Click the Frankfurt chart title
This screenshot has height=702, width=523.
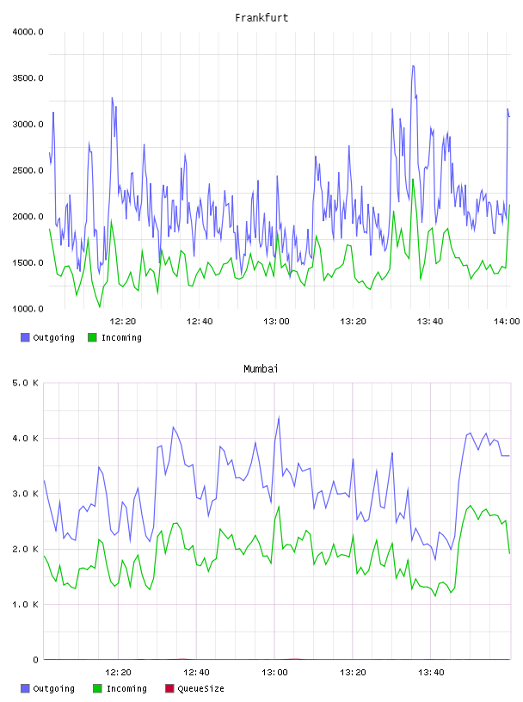click(x=261, y=18)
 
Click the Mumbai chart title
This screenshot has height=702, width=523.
click(x=261, y=369)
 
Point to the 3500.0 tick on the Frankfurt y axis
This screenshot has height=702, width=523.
click(x=28, y=78)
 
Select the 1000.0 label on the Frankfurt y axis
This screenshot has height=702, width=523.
click(x=28, y=309)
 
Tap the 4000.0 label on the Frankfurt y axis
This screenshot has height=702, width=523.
click(x=28, y=32)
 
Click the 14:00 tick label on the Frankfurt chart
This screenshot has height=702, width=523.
click(x=507, y=322)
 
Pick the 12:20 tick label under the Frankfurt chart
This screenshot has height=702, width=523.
click(x=123, y=322)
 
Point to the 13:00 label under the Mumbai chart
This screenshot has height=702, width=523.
click(x=274, y=673)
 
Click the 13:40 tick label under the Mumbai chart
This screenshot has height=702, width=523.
click(x=431, y=673)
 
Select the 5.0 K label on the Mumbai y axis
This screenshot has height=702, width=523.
click(x=25, y=383)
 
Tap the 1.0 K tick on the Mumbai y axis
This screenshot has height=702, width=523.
click(x=25, y=605)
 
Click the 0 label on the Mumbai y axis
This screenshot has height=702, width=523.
click(x=35, y=660)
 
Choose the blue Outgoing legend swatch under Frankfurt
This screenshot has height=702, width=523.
click(x=25, y=337)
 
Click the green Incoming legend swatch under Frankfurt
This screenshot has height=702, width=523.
click(x=92, y=337)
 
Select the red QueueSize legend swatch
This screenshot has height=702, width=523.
click(x=169, y=688)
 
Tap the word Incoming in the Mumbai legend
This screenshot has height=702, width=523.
click(x=126, y=689)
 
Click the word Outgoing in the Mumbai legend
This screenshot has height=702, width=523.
click(x=53, y=689)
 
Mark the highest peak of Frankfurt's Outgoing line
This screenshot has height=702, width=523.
click(x=413, y=65)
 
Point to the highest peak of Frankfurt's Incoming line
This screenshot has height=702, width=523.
click(x=413, y=180)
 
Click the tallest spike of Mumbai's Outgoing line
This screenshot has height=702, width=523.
click(x=279, y=417)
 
